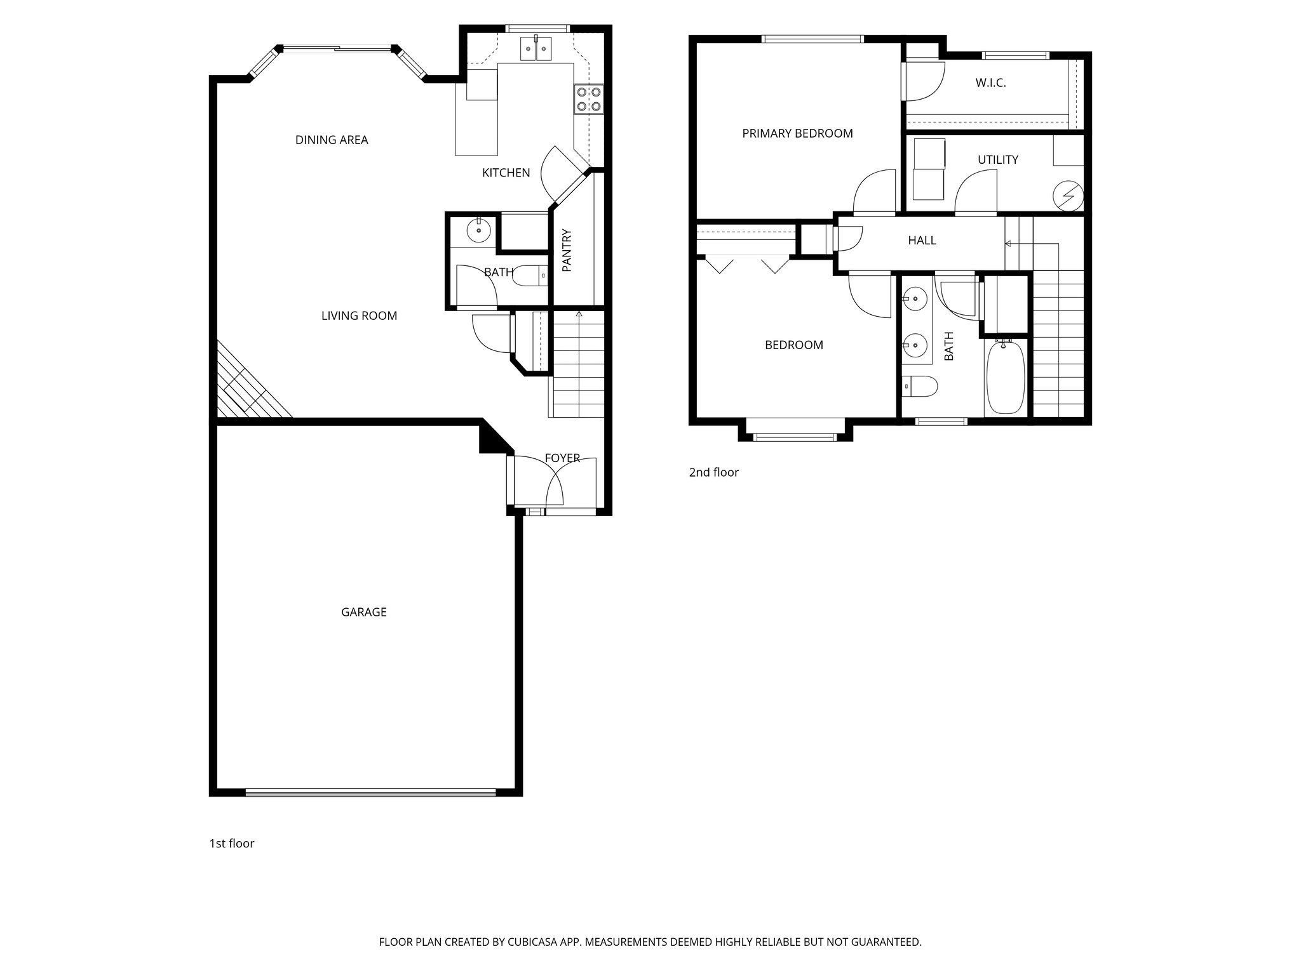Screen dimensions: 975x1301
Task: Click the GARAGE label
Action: tap(363, 612)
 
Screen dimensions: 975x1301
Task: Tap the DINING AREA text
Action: tap(332, 140)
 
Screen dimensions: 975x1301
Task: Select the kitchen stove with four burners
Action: tap(589, 99)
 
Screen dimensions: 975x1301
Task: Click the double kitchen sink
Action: tap(536, 48)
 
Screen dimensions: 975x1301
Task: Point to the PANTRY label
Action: tap(567, 251)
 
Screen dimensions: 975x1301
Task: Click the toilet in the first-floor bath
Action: tap(531, 275)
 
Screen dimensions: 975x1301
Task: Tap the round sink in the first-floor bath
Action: tap(478, 230)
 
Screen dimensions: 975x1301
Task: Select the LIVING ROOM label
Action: tap(359, 315)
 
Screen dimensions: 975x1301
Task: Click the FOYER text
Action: tap(562, 458)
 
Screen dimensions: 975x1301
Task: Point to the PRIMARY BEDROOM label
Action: tap(797, 133)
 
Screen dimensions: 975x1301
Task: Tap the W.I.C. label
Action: tap(990, 83)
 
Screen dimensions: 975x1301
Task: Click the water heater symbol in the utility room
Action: tap(1067, 195)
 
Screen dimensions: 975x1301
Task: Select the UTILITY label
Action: tap(997, 159)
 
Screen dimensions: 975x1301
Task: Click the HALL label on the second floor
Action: tap(922, 241)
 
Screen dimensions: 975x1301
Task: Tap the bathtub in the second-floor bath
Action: tap(1004, 378)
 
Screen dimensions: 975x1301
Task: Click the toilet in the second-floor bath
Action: tap(920, 386)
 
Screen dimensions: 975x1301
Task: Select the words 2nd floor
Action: tap(713, 472)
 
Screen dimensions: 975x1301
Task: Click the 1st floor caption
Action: tap(231, 844)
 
